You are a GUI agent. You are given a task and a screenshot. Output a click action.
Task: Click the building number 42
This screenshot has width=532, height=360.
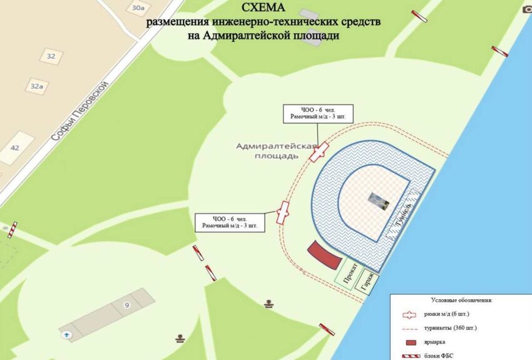click(x=15, y=148)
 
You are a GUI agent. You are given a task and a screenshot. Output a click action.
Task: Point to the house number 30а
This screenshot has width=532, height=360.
click(x=138, y=8)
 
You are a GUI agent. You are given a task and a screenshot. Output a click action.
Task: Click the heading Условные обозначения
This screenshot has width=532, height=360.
click(x=461, y=300)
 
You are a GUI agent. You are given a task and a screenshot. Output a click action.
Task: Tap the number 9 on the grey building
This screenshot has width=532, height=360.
click(x=126, y=305)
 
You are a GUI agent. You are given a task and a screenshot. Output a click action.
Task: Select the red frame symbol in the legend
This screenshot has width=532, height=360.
click(x=411, y=314)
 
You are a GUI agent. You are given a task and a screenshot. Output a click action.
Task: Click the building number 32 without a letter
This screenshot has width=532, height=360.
click(x=51, y=56)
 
